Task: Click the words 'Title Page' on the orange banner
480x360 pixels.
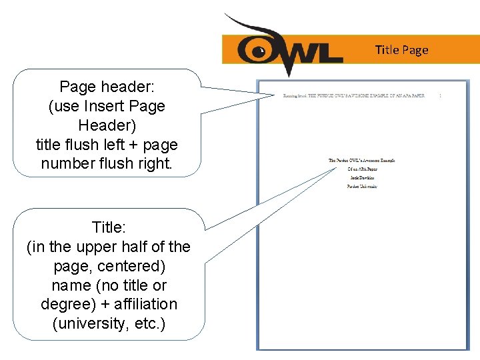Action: point(401,50)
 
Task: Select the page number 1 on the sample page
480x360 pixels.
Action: point(441,96)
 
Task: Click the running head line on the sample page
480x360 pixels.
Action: point(353,96)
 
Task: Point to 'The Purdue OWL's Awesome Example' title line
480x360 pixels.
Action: point(361,161)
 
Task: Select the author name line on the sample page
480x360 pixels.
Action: point(361,178)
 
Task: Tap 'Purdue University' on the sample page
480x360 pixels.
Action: point(361,187)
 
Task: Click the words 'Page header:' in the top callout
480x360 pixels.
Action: point(107,87)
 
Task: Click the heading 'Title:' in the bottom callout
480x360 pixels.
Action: point(108,227)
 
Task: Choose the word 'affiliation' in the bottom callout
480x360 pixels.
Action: point(145,305)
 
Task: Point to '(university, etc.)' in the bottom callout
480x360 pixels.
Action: point(108,324)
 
